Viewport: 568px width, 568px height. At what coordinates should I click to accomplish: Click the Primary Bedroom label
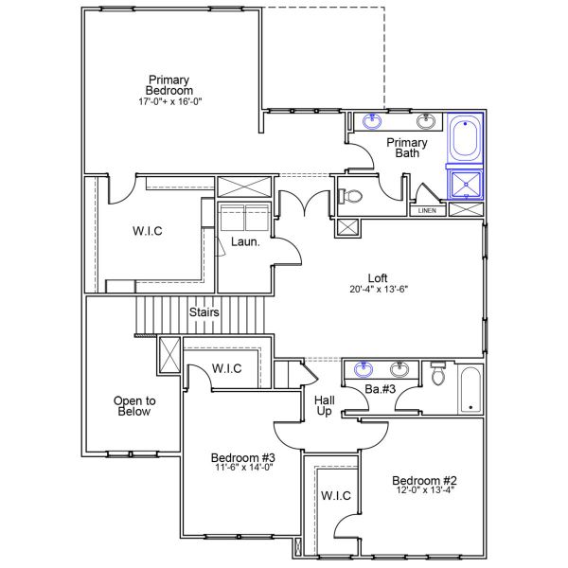pos(169,85)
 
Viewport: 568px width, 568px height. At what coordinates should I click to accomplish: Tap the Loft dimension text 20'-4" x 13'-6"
pos(378,292)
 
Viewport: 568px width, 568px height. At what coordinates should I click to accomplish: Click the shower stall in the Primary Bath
pos(465,183)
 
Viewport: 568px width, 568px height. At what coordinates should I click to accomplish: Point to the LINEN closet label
pos(427,210)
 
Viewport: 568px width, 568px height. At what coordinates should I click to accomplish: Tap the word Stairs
pos(204,312)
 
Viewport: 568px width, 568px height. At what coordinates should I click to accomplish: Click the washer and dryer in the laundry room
pos(245,218)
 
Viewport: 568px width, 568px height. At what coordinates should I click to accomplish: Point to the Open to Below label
pos(133,405)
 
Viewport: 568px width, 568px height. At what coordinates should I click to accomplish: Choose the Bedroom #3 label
pos(241,459)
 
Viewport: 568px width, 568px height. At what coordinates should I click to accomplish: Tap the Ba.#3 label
pos(380,389)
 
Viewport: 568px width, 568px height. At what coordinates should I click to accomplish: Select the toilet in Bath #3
pos(437,376)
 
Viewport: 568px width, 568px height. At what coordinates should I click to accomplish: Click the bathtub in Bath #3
pos(470,389)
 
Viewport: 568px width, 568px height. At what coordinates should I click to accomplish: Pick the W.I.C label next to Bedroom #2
pos(336,496)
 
